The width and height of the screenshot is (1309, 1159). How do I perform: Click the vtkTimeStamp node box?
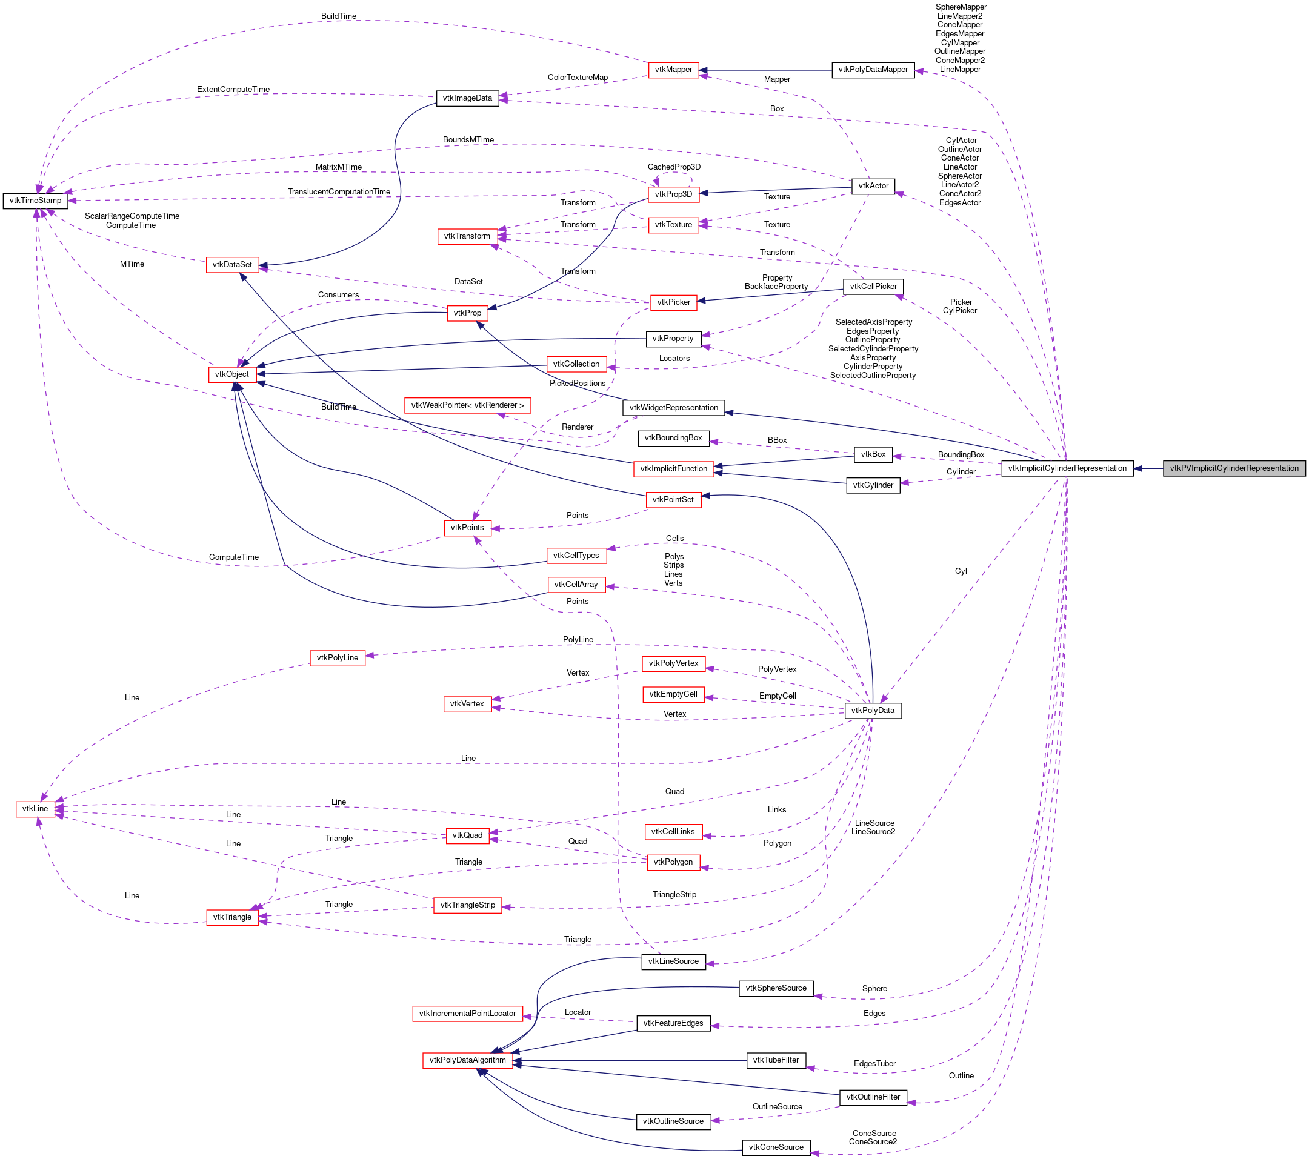[x=35, y=201]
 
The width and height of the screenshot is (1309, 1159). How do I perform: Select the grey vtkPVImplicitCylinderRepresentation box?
[x=1233, y=468]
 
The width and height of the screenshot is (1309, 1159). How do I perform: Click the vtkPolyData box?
[x=872, y=710]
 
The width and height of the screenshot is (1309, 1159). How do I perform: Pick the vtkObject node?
[x=232, y=374]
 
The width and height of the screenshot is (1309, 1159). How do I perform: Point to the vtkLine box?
[x=35, y=809]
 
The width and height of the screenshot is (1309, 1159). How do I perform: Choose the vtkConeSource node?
[x=776, y=1147]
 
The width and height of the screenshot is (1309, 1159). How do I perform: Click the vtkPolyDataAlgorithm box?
[x=467, y=1060]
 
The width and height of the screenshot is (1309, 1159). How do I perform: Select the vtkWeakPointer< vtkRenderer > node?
[x=467, y=405]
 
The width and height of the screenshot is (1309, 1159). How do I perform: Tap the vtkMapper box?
[x=673, y=69]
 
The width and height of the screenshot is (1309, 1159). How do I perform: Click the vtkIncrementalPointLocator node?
[x=467, y=1013]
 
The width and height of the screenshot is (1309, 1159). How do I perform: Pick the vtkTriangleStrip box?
[x=467, y=905]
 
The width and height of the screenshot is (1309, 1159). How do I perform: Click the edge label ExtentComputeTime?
[x=233, y=90]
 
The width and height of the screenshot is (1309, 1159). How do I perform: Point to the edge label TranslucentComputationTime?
[x=339, y=192]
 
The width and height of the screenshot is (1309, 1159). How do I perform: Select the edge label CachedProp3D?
[x=674, y=167]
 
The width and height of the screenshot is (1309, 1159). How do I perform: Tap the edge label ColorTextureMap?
[x=578, y=78]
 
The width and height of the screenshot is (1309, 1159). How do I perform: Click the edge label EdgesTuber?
[x=874, y=1064]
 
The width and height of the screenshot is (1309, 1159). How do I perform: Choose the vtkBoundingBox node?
[x=673, y=438]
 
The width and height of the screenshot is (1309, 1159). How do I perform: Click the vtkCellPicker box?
[x=872, y=286]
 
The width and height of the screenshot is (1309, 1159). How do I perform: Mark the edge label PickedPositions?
[x=577, y=384]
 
